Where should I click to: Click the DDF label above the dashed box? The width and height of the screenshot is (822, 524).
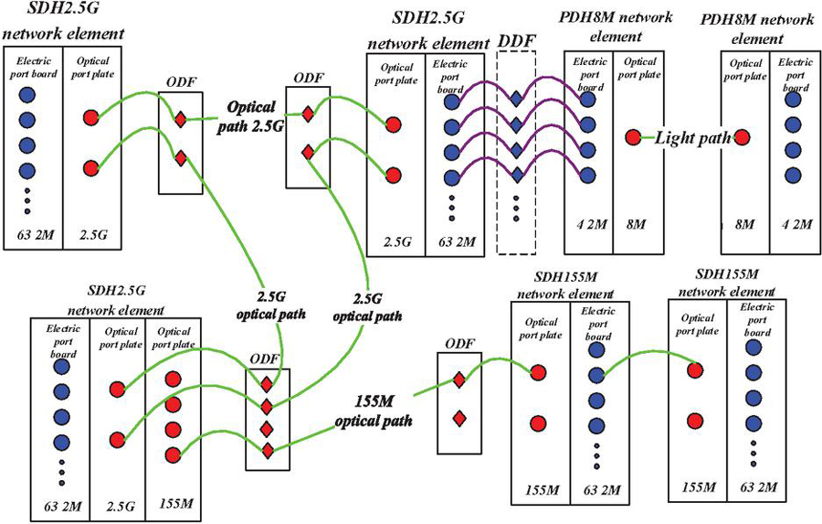[516, 43]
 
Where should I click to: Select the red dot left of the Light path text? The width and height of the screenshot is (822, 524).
[632, 138]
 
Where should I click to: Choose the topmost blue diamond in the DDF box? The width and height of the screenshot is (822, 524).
[516, 98]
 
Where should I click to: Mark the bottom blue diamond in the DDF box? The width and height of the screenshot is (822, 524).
[516, 175]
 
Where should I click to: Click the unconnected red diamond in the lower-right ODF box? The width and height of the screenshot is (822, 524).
[459, 419]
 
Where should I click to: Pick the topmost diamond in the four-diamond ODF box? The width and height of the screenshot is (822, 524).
[266, 384]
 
